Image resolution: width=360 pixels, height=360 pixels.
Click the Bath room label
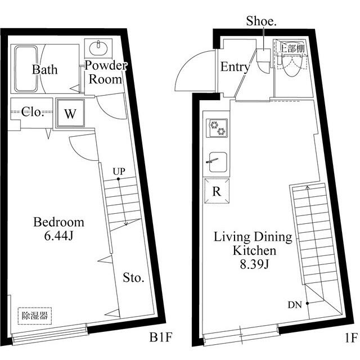44,70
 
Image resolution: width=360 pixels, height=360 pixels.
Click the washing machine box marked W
70,113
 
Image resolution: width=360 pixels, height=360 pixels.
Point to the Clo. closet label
33,112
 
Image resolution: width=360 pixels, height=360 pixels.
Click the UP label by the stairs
118,171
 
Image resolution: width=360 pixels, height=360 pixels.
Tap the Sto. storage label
134,278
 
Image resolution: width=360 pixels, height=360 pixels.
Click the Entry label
235,67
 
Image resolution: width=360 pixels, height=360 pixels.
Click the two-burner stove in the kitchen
217,128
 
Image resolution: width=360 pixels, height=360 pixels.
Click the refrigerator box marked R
217,191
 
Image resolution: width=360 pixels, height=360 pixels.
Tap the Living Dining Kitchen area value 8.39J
253,262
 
